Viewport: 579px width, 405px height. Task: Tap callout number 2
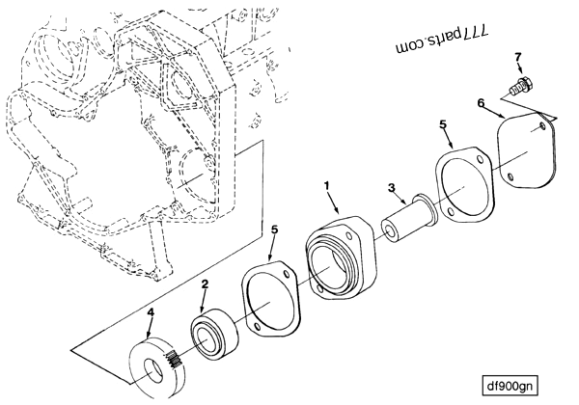click(x=206, y=285)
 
